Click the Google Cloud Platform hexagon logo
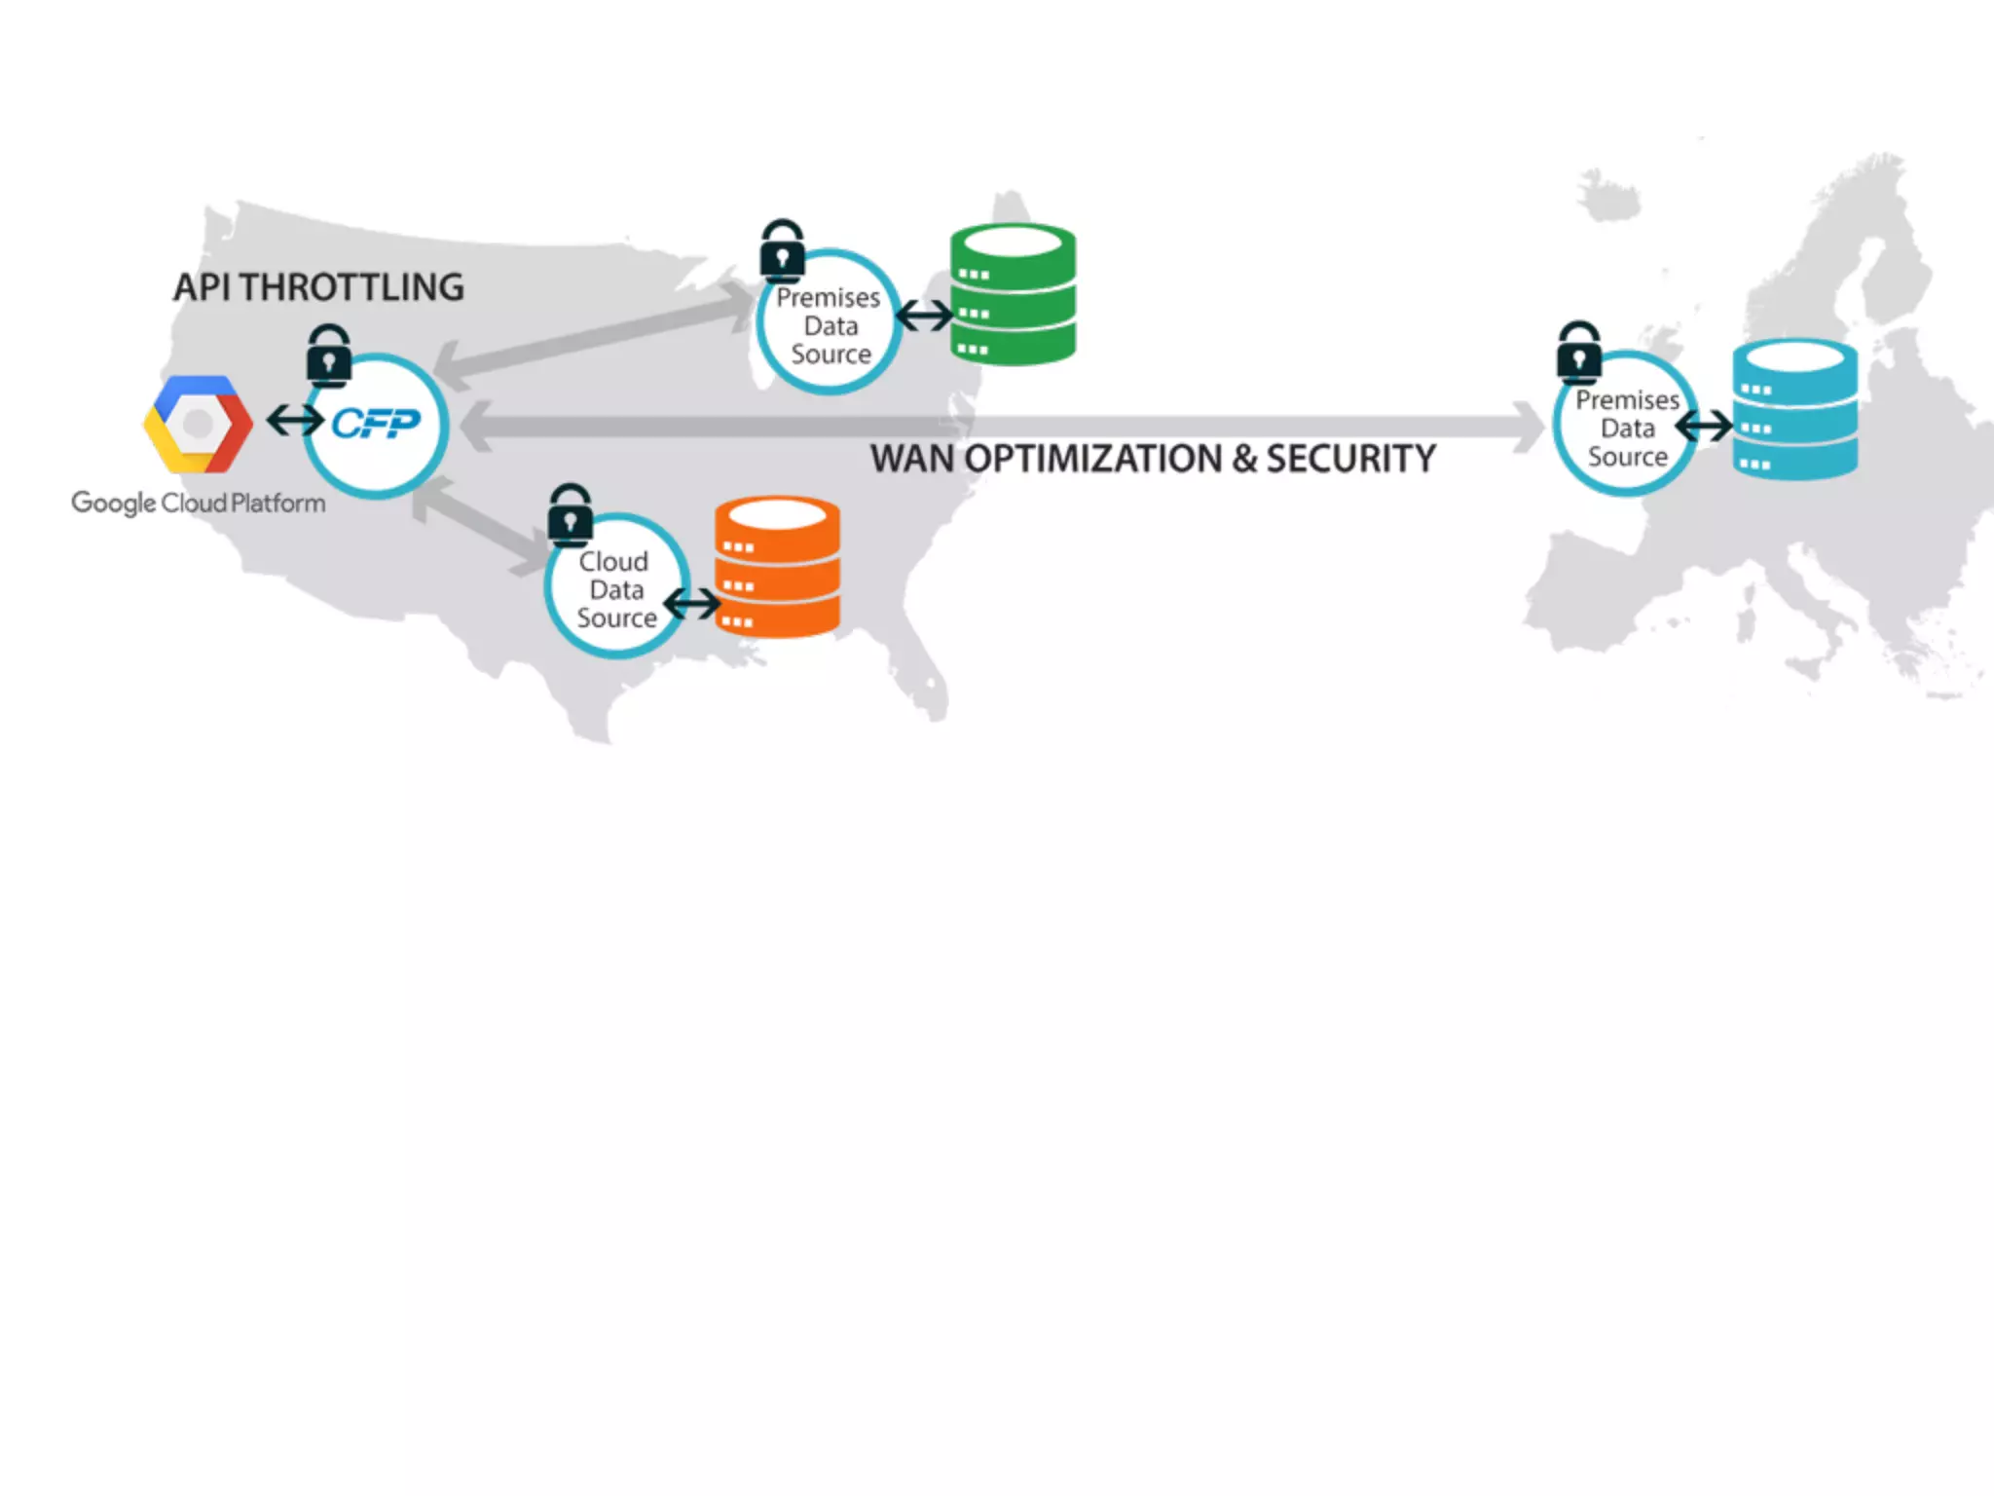198,425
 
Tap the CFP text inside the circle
376,423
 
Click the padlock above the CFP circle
329,355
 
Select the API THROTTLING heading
318,287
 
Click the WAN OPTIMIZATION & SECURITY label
1153,459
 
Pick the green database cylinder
1013,294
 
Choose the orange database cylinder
777,567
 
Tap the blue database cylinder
1794,409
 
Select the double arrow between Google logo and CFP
294,421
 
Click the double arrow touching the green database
924,316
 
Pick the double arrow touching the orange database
692,604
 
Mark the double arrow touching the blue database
1703,426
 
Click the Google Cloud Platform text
199,503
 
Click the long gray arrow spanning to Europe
1003,427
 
